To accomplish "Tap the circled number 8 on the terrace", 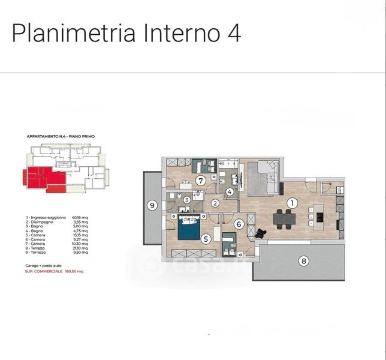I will click(x=304, y=260).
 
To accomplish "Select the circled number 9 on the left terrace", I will click(x=152, y=206).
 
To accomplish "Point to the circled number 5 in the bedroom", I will click(x=206, y=238).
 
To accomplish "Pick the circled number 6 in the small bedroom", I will click(x=238, y=224).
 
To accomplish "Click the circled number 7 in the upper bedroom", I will click(x=201, y=180).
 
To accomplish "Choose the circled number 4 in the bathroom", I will click(x=230, y=192).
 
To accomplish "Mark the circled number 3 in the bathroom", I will click(x=187, y=200).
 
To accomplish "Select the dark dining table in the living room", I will click(x=284, y=219).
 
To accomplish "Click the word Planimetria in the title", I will click(x=73, y=34).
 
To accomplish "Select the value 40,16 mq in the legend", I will click(x=80, y=217).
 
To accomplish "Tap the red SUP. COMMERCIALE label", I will click(x=44, y=271).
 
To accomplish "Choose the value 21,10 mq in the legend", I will click(x=80, y=248).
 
